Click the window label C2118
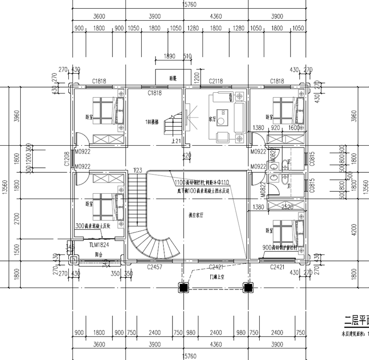(x=216, y=81)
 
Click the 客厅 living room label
(x=212, y=118)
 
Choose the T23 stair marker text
(x=137, y=170)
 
